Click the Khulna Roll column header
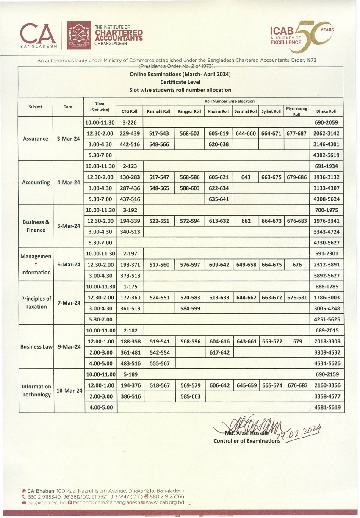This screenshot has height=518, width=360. tap(219, 111)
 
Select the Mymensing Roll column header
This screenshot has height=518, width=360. tap(296, 111)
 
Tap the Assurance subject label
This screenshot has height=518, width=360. tap(36, 139)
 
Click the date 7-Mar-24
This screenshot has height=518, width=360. tap(69, 303)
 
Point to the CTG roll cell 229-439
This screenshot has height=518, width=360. tap(130, 133)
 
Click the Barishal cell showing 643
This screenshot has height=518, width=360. tap(246, 177)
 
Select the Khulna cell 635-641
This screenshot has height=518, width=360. tap(219, 199)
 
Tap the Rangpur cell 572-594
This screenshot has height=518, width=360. tap(189, 221)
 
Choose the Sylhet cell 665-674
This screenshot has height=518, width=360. tap(271, 385)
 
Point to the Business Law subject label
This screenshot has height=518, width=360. tap(36, 346)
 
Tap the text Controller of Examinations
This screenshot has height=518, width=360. tap(247, 441)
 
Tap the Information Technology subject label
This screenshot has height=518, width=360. tap(36, 391)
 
